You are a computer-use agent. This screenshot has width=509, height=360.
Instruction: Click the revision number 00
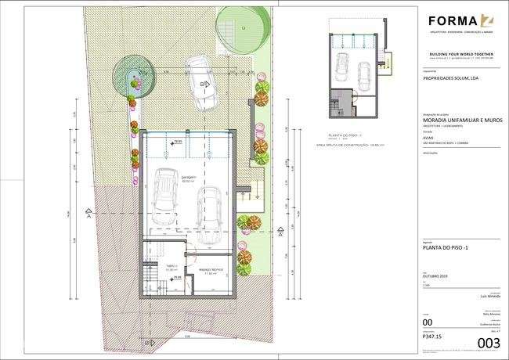(427, 322)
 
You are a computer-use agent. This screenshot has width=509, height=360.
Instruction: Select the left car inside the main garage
(165, 190)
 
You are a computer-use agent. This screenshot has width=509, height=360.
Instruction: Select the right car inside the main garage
(210, 209)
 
